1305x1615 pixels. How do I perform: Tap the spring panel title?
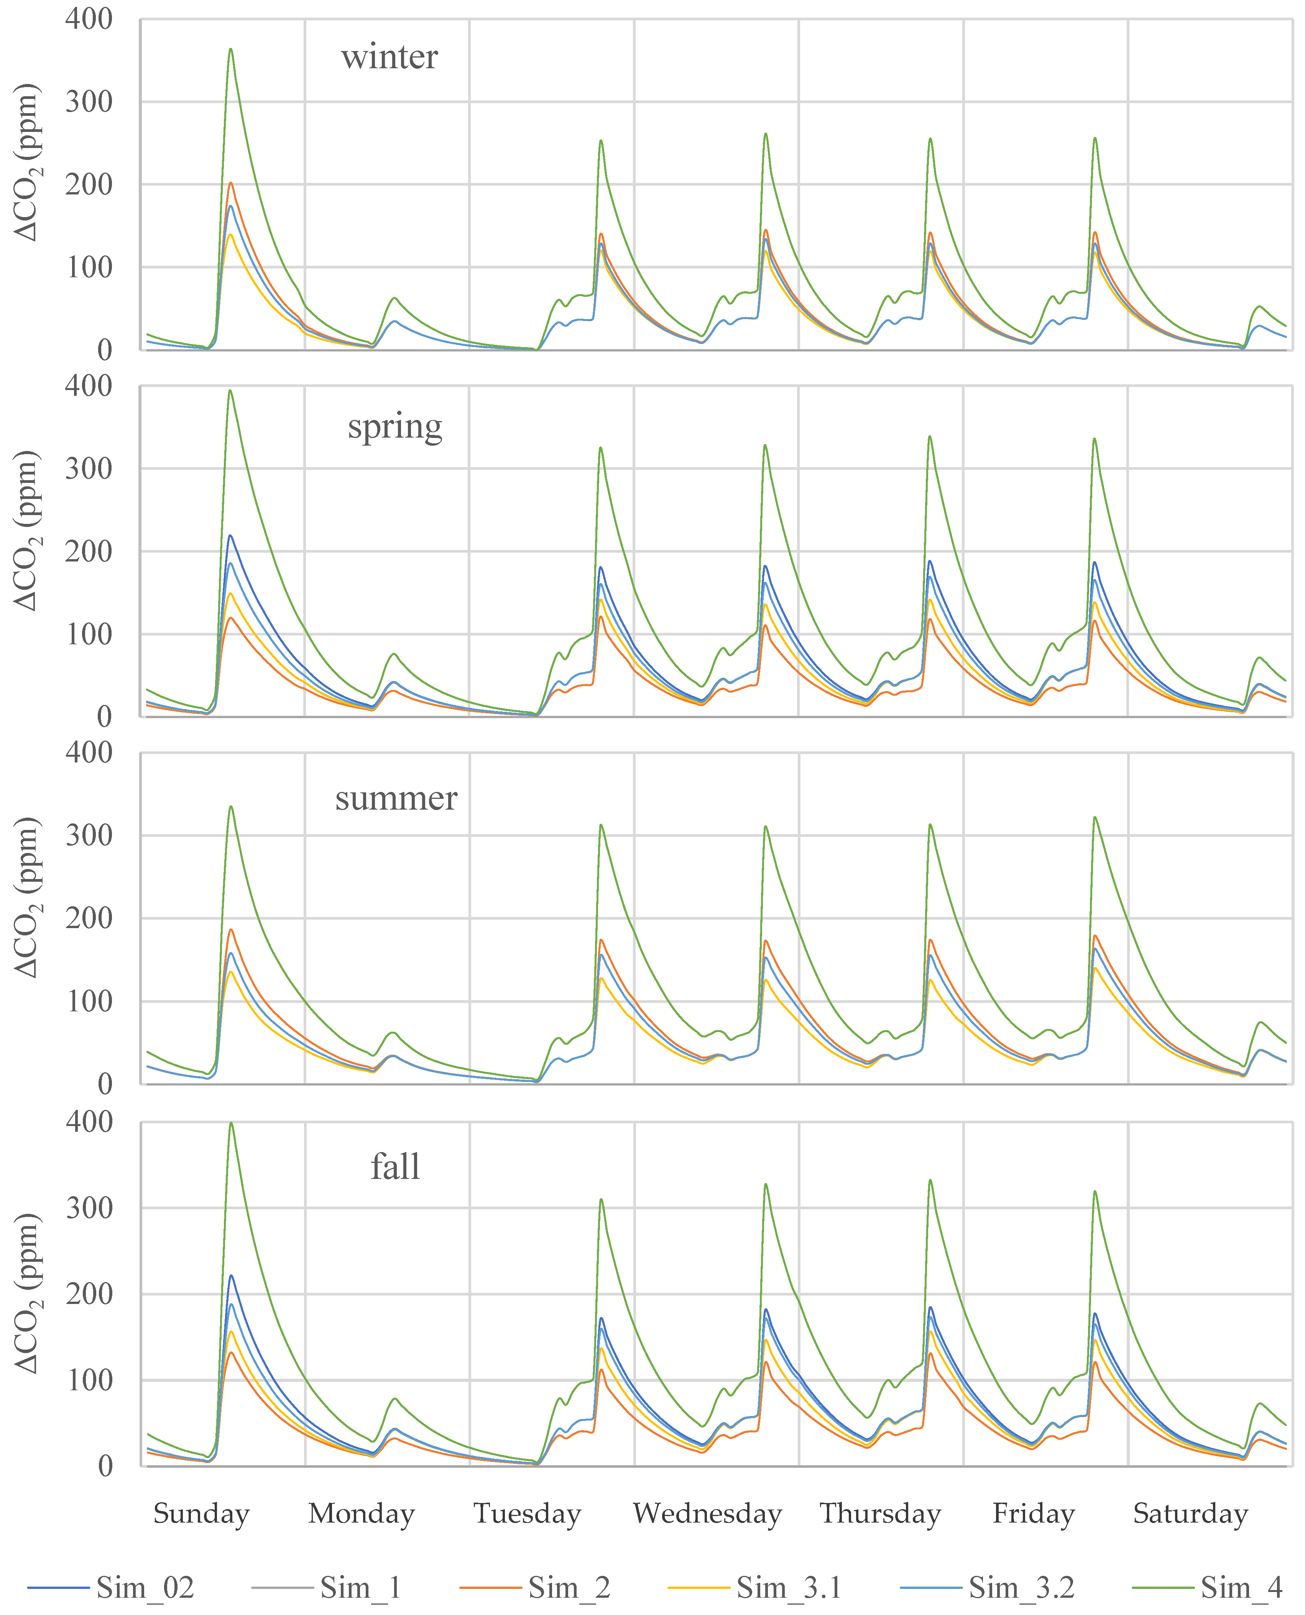[394, 427]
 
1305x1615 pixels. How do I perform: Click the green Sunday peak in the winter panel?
[231, 49]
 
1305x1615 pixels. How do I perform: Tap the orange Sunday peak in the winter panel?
[231, 183]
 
